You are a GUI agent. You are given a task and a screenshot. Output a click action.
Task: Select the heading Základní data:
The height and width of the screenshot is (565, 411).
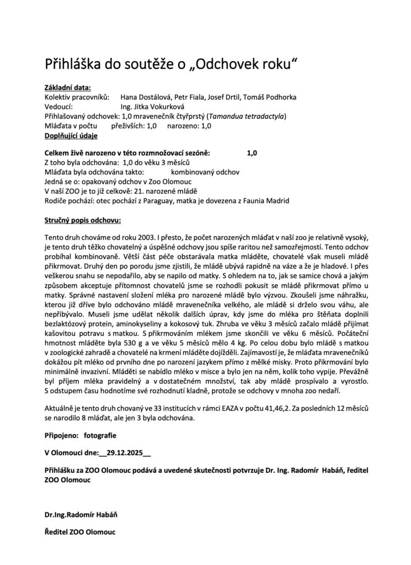[67, 88]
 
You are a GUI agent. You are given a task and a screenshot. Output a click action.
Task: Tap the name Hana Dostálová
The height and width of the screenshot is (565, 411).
[145, 97]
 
